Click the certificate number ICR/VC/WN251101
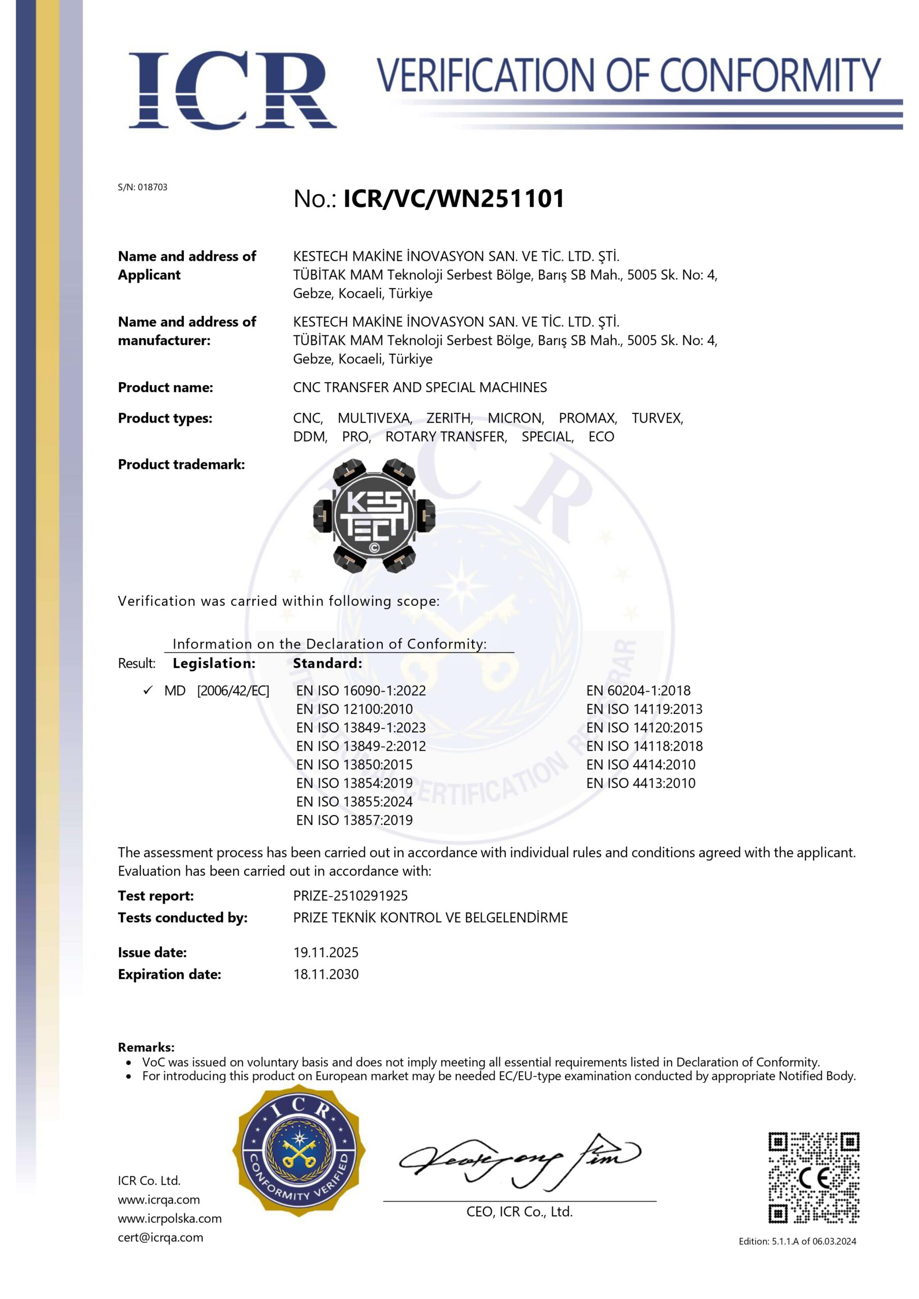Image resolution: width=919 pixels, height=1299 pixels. pyautogui.click(x=453, y=198)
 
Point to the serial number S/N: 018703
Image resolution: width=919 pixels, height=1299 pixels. pyautogui.click(x=143, y=187)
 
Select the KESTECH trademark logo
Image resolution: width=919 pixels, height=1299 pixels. pyautogui.click(x=374, y=516)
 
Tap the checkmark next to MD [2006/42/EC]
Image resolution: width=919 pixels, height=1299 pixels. pyautogui.click(x=148, y=690)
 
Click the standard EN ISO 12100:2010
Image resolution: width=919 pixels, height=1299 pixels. pyautogui.click(x=354, y=709)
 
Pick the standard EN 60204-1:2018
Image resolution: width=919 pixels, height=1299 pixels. pyautogui.click(x=638, y=690)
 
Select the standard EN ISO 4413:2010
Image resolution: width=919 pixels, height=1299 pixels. pyautogui.click(x=640, y=783)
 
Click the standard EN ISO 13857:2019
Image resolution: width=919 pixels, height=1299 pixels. pyautogui.click(x=354, y=820)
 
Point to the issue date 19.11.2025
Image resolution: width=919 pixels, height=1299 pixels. pyautogui.click(x=325, y=952)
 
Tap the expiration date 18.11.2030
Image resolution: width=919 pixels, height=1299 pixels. pyautogui.click(x=325, y=974)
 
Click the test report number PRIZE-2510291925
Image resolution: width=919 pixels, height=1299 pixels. pyautogui.click(x=350, y=896)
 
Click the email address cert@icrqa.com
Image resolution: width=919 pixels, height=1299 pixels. pyautogui.click(x=160, y=1237)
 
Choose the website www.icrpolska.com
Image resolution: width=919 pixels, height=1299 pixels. pyautogui.click(x=169, y=1218)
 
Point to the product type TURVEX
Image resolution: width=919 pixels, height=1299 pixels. pyautogui.click(x=658, y=418)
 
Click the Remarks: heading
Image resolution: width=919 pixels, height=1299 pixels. pyautogui.click(x=146, y=1047)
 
